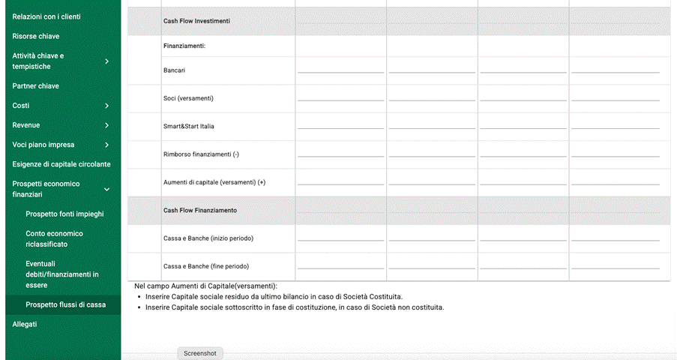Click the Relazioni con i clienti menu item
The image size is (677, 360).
(46, 16)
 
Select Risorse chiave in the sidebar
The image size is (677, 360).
(36, 36)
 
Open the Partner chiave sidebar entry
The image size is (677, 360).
(36, 86)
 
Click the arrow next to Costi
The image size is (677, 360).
(107, 106)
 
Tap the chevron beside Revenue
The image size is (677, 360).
(107, 125)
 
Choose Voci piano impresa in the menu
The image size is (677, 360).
(43, 145)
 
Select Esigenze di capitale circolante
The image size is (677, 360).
(61, 164)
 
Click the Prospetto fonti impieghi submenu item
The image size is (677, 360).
(64, 214)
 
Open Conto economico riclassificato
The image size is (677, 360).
(54, 238)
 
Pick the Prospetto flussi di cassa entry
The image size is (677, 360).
(66, 304)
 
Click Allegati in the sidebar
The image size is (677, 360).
(25, 324)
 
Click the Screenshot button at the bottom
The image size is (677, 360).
(199, 353)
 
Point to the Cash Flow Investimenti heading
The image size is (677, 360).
(196, 21)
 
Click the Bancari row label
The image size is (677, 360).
(175, 70)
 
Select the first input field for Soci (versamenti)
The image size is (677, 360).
(340, 97)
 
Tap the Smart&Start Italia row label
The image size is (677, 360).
(189, 126)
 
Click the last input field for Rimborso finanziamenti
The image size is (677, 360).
(615, 154)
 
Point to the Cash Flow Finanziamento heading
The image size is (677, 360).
(199, 211)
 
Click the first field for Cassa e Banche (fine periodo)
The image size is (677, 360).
(340, 265)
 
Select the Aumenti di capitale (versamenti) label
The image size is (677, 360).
(214, 182)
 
